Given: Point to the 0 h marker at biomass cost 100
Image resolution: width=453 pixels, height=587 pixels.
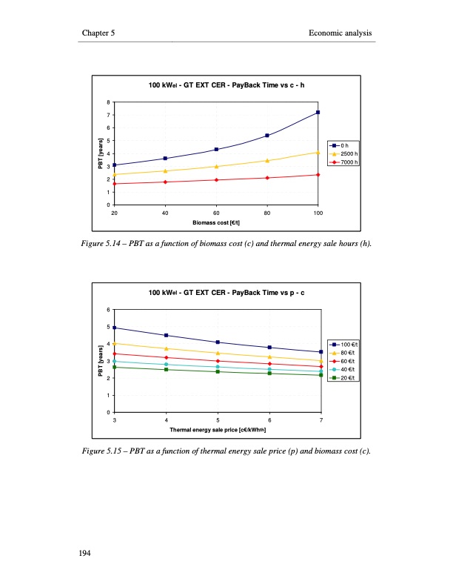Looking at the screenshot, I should (x=318, y=112).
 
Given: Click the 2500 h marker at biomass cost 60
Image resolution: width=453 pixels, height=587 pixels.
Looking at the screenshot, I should (x=216, y=167).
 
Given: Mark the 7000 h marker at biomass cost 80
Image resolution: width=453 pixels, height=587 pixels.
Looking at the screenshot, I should (x=266, y=178).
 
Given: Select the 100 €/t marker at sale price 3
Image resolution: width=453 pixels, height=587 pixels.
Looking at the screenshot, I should (x=115, y=328).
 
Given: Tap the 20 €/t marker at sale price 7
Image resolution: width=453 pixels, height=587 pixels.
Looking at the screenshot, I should (x=321, y=375).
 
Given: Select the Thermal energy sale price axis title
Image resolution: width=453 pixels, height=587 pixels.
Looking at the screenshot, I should (x=218, y=429).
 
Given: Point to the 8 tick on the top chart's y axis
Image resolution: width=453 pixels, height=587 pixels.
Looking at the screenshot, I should (x=108, y=102).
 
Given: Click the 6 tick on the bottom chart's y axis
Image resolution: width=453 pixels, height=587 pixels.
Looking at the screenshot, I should (x=108, y=309).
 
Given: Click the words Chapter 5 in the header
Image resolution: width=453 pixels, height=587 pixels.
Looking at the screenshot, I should (x=98, y=33).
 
